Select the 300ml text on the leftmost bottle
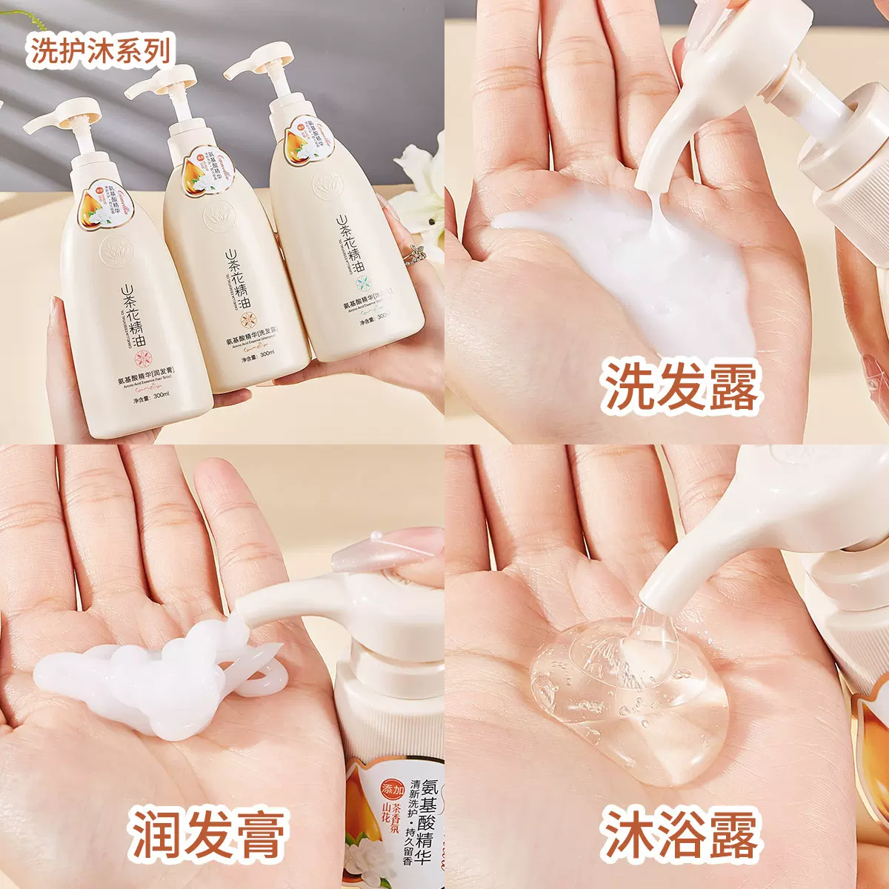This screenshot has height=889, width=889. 159,397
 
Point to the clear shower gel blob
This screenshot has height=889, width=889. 630,696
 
